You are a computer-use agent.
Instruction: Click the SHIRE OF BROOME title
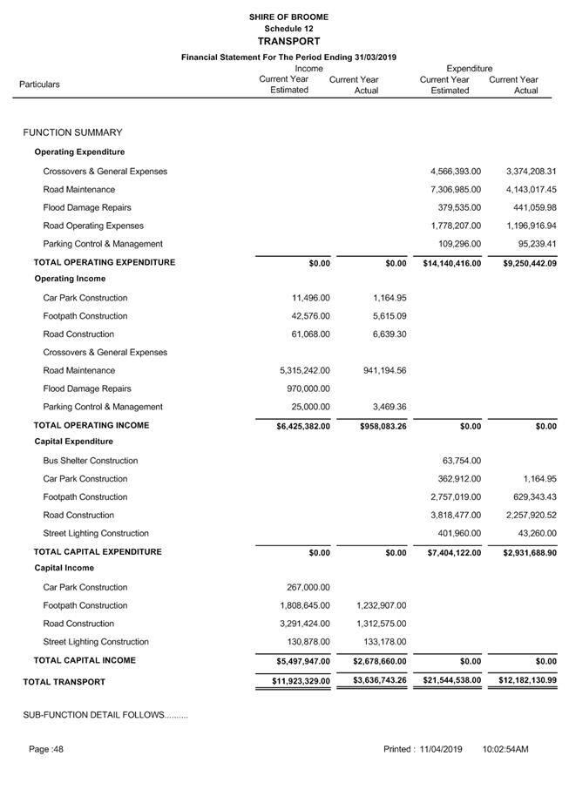(x=288, y=17)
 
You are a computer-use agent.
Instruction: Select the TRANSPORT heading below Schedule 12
(x=288, y=41)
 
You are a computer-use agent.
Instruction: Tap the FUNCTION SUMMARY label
(x=72, y=132)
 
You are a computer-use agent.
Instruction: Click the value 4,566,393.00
(x=456, y=172)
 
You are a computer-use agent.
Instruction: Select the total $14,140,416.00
(x=451, y=262)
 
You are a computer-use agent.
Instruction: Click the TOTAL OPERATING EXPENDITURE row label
(x=104, y=262)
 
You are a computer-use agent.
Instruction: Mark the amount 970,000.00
(x=308, y=388)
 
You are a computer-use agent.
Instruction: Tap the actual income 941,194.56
(x=376, y=370)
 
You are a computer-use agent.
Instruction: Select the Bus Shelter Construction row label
(x=91, y=461)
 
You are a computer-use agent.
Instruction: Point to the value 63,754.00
(x=461, y=461)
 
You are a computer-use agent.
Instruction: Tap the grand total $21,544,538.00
(x=451, y=680)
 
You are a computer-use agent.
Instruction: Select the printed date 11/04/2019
(x=440, y=749)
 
